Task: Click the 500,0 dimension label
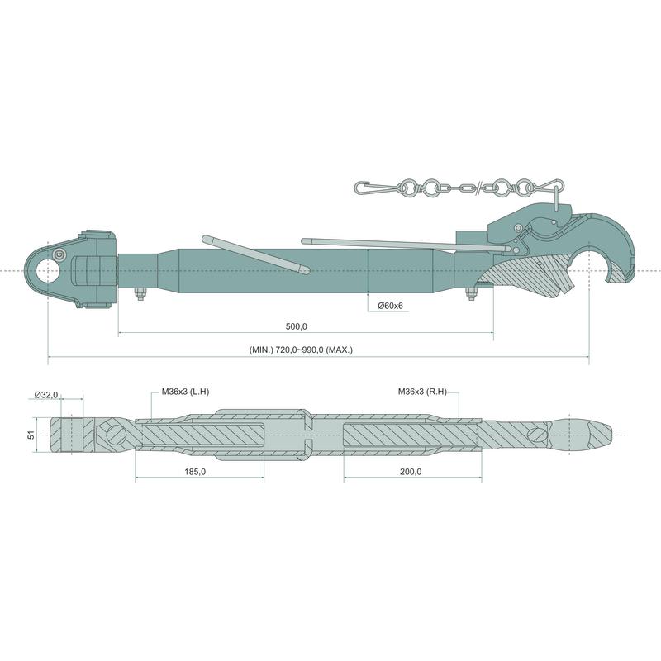point(297,326)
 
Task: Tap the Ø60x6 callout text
point(390,306)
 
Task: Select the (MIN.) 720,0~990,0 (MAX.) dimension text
point(301,350)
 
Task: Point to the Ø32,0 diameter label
point(46,395)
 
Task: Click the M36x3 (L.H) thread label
point(185,392)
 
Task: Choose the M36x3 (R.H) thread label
point(422,392)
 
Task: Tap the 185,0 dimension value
point(195,472)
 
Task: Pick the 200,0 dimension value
point(411,472)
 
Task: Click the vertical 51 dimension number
point(31,435)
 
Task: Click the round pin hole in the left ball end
point(47,270)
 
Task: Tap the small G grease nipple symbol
point(59,255)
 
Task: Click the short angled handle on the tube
point(255,254)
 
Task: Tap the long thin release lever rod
point(407,245)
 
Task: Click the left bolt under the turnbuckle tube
point(140,294)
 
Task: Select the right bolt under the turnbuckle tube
point(470,294)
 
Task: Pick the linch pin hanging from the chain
point(557,197)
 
